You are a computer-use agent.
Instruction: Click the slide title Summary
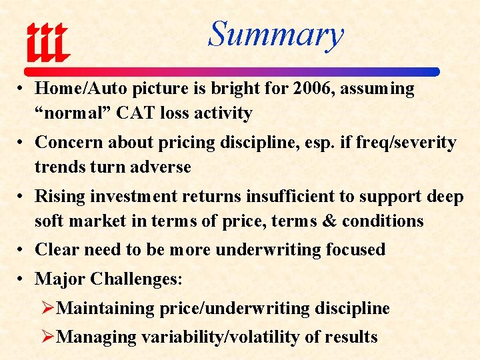point(275,34)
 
